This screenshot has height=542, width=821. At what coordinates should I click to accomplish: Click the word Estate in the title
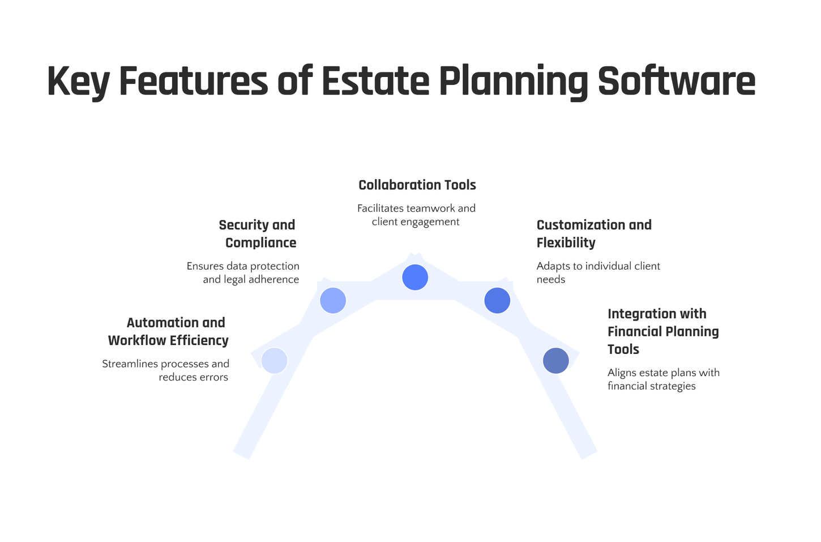(x=375, y=81)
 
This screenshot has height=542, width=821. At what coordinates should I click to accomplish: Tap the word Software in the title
(x=676, y=81)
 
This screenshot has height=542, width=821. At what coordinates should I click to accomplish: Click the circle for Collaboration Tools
(x=415, y=278)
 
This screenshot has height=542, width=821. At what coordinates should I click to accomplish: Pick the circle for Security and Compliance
(x=333, y=300)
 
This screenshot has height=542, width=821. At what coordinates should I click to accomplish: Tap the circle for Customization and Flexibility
(x=497, y=300)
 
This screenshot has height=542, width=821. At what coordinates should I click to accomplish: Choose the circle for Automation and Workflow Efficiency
(x=274, y=360)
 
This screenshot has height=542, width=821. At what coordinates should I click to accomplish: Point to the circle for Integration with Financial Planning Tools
(x=555, y=361)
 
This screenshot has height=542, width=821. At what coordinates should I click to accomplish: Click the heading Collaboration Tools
(x=417, y=185)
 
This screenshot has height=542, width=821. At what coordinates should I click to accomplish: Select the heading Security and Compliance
(x=258, y=233)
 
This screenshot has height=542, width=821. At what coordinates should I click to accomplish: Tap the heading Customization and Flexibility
(x=593, y=233)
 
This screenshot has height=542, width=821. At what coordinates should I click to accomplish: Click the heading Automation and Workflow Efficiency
(x=169, y=331)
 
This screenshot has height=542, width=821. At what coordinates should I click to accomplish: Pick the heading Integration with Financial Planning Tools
(x=662, y=331)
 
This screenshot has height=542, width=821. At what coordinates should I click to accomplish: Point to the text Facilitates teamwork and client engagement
(x=416, y=215)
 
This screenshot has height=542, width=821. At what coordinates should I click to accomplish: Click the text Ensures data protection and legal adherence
(x=243, y=272)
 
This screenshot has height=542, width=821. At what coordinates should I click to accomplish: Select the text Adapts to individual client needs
(x=598, y=272)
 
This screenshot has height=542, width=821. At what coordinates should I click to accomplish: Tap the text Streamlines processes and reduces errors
(x=166, y=370)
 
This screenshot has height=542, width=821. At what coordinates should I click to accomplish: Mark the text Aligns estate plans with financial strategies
(x=663, y=379)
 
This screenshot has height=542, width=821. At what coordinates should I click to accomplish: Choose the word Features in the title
(x=193, y=81)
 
